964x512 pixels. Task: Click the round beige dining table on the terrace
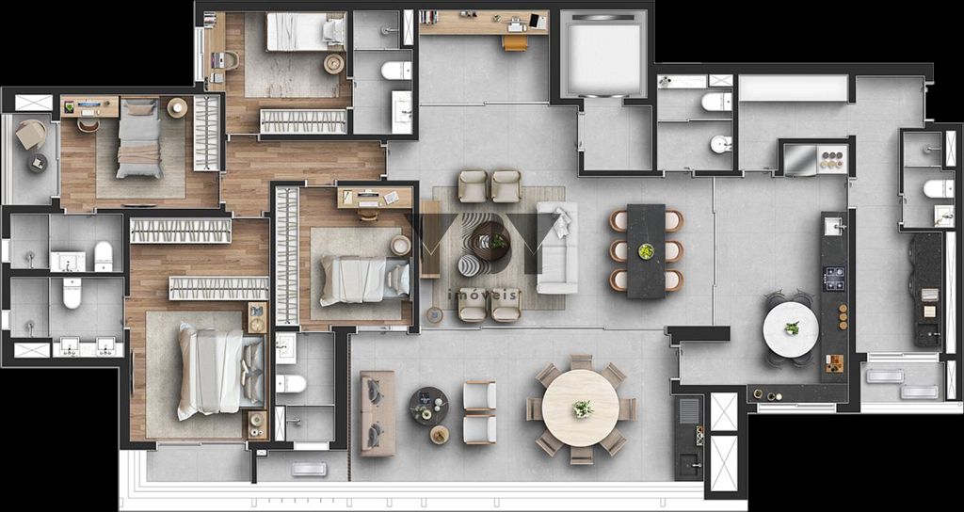pos(581,408)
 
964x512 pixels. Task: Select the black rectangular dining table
pos(646,251)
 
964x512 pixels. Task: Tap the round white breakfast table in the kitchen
pos(790,328)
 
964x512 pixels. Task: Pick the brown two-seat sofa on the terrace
pos(378,412)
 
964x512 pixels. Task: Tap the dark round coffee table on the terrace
pos(428,406)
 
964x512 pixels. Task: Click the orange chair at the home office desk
pos(515,42)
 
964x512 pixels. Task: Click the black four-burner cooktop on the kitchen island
pos(834,279)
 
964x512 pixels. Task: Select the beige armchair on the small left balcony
pos(30,135)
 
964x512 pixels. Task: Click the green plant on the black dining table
pos(646,251)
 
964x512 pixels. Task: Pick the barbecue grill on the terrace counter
pos(689,410)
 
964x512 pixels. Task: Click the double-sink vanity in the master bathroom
pos(85,348)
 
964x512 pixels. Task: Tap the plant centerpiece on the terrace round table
pos(583,408)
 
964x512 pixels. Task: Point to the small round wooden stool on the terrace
pos(439,435)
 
